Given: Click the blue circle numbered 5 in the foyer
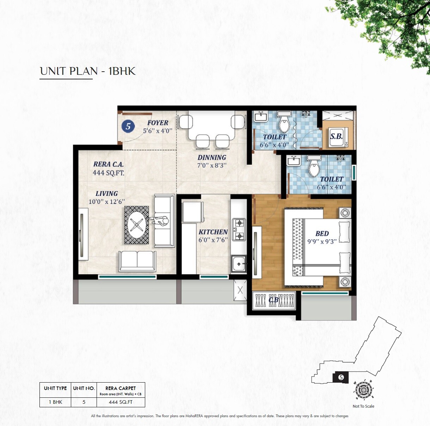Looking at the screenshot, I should coord(128,126).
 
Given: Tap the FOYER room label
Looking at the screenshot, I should coord(158,123).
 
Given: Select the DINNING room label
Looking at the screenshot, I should coord(211,157).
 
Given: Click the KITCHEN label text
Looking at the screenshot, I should coord(213,232).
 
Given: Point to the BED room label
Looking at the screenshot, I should coord(322,234).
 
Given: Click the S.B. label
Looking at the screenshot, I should coord(336,136).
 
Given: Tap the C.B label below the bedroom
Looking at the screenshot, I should coord(274,300).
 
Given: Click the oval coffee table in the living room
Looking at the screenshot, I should coord(136,224).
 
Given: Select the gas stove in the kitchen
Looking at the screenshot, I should coord(239,229).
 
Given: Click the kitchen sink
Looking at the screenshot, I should coord(239,263).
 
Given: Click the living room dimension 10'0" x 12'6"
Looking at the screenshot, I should coord(106,202).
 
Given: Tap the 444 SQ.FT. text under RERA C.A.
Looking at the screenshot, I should coord(108,173).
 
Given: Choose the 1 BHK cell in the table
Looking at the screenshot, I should coord(55,402).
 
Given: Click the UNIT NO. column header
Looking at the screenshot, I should coord(84,388).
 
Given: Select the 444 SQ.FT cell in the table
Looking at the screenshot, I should coord(121,402).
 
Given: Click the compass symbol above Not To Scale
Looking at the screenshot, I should coord(363,390).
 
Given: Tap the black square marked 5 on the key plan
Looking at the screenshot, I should coord(340,377).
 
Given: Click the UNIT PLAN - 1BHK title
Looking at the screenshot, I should coord(87,71).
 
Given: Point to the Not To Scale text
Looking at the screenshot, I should coord(363,406).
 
